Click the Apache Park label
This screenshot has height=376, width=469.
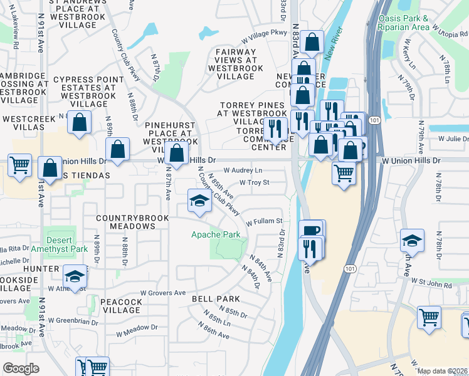point(216,235)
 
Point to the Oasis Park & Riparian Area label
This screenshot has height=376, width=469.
point(404,23)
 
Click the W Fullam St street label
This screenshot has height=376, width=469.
point(265,221)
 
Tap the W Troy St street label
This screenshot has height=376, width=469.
point(254,183)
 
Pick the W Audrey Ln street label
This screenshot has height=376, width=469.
point(243,170)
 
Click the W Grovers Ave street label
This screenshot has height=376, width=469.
point(163,293)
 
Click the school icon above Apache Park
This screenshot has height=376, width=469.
point(199,202)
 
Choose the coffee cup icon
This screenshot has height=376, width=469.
point(311,231)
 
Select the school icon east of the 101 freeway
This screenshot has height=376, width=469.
point(413,240)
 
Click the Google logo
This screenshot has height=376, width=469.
point(21,368)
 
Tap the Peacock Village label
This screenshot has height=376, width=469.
point(121,306)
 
